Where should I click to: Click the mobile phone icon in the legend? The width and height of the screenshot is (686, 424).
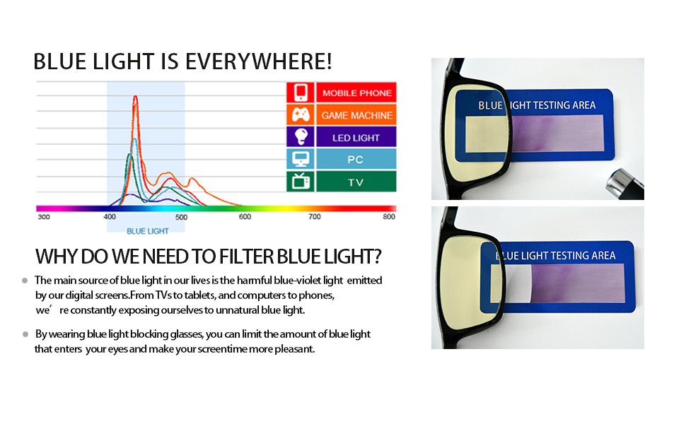point(300,93)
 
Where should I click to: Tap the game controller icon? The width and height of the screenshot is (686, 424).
point(300,115)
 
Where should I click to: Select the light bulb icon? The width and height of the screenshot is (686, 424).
point(300,137)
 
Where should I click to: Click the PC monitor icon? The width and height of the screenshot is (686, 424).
point(300,159)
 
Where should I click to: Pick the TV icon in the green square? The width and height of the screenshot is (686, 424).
point(300,181)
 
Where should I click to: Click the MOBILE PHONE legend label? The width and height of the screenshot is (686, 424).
point(356,93)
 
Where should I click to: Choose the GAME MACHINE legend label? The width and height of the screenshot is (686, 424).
point(356,115)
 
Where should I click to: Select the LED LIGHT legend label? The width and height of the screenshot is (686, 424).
point(356,137)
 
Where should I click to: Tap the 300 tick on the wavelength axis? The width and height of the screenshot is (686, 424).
point(44,217)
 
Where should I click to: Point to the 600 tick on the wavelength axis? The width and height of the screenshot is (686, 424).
point(245,217)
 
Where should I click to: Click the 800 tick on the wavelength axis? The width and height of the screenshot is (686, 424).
point(388,217)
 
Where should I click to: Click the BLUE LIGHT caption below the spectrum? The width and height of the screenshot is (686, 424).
point(148,231)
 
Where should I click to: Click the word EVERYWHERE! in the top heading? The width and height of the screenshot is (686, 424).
point(258,62)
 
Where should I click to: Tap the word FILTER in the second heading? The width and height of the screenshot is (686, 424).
point(242,256)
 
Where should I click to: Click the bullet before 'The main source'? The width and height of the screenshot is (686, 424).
point(25,280)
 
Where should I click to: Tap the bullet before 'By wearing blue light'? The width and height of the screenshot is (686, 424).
point(25,334)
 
